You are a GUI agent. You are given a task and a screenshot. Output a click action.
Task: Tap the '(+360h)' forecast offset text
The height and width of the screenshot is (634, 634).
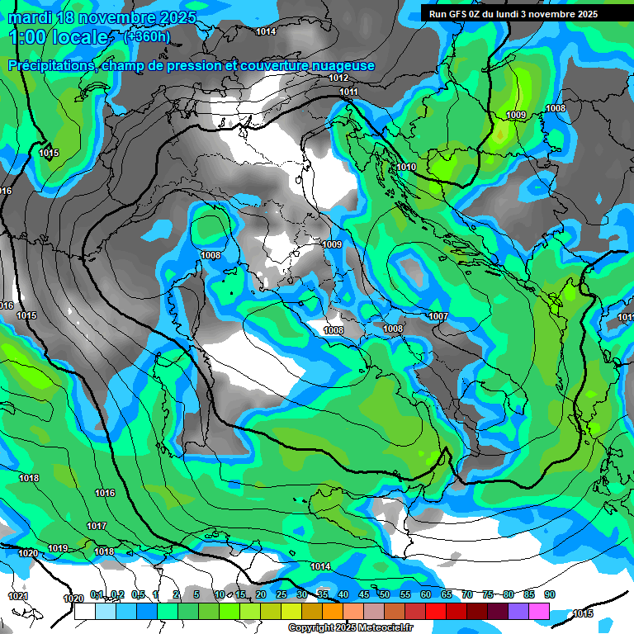pyautogui.click(x=147, y=36)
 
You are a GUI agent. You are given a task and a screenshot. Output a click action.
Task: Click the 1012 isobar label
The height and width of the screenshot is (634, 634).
pyautogui.click(x=338, y=78)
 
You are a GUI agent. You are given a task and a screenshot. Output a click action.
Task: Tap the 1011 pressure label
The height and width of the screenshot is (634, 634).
pyautogui.click(x=348, y=92)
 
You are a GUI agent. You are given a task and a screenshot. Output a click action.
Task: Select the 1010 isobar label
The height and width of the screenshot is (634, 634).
pyautogui.click(x=406, y=167)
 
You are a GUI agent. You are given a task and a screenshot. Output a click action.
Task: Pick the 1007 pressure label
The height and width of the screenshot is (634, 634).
pyautogui.click(x=438, y=317)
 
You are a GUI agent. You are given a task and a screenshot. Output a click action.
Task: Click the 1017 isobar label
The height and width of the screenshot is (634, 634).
pyautogui.click(x=97, y=526)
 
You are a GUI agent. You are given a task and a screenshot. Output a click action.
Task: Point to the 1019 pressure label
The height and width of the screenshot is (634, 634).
pyautogui.click(x=58, y=548)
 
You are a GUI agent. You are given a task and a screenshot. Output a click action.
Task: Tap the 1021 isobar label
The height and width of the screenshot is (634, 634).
pyautogui.click(x=17, y=596)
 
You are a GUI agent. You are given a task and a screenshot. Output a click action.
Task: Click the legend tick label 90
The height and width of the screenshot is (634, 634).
pyautogui.click(x=550, y=594)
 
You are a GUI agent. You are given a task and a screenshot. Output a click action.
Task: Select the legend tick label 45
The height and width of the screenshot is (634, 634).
pyautogui.click(x=364, y=594)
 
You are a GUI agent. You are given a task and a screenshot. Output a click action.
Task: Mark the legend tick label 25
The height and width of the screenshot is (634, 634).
pyautogui.click(x=282, y=594)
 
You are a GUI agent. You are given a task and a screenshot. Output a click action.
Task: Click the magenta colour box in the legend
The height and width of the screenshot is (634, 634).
pyautogui.click(x=539, y=612)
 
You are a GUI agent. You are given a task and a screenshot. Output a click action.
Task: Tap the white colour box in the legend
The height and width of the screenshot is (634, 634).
pyautogui.click(x=84, y=612)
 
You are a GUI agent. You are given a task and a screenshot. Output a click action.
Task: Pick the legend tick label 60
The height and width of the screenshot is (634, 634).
pyautogui.click(x=426, y=594)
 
